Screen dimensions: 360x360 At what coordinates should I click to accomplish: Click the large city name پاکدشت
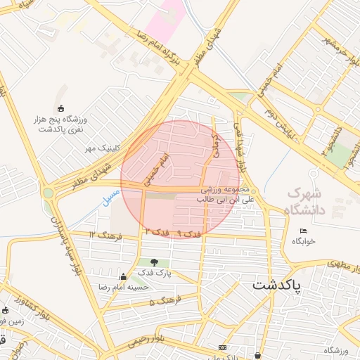[276, 285]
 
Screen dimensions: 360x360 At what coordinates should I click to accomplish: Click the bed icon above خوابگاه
[303, 231]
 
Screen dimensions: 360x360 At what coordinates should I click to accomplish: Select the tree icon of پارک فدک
[154, 262]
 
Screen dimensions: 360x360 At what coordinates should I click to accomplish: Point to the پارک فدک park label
[154, 273]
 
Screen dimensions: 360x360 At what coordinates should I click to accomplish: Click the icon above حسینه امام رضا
[124, 276]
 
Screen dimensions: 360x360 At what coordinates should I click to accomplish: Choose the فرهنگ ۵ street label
[161, 302]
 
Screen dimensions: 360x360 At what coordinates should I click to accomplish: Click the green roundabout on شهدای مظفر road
[49, 193]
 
